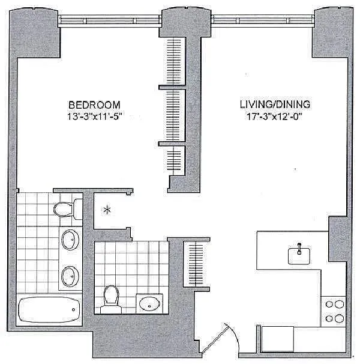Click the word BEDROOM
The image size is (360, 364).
coord(94,103)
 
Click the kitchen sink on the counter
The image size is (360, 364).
coord(298,255)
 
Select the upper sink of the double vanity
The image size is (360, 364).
coord(69,240)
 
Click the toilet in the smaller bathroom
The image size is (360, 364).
coord(110,299)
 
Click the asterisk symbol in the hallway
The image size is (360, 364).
coord(107,210)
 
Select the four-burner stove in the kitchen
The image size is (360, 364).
coord(334,311)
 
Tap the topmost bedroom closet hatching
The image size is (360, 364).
coord(174,62)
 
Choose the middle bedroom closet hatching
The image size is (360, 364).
coord(174,116)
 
